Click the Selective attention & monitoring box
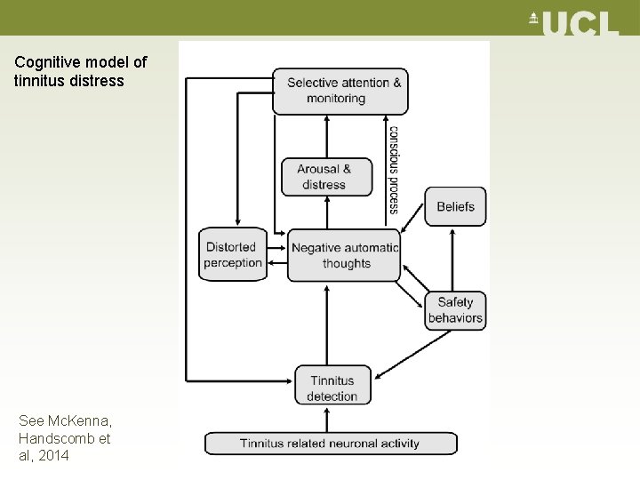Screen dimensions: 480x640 tap(340, 91)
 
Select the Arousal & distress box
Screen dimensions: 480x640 tap(326, 177)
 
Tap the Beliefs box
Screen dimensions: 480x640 tap(455, 206)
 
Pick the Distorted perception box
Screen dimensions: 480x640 tap(233, 254)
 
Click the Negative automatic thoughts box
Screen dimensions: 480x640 tap(344, 255)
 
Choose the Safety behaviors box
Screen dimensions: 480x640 tap(455, 310)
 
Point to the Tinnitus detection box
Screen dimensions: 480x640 tap(332, 387)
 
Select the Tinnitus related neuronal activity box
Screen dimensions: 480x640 tap(330, 443)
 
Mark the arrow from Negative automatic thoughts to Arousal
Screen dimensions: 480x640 tap(327, 213)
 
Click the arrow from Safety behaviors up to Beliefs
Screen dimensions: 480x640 tap(453, 259)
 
